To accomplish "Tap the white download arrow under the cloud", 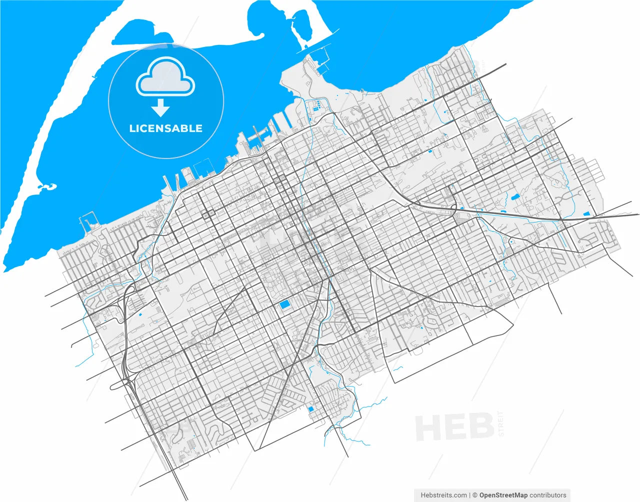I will click(x=160, y=107).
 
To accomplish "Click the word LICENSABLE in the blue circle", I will click(x=165, y=128).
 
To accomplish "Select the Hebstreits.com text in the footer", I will click(x=444, y=495).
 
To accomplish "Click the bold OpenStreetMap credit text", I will click(x=503, y=495).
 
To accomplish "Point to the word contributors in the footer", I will click(x=548, y=495).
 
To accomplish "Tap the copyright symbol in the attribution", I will click(x=475, y=495).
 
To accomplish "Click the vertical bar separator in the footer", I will click(x=470, y=495).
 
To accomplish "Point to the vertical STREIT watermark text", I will click(x=501, y=424).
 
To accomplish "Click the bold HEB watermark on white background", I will click(x=454, y=427).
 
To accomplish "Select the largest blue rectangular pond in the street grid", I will click(x=284, y=304).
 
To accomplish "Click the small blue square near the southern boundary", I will click(x=310, y=409).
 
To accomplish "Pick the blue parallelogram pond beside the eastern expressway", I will click(x=586, y=214).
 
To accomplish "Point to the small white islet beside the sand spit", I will click(x=48, y=186).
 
